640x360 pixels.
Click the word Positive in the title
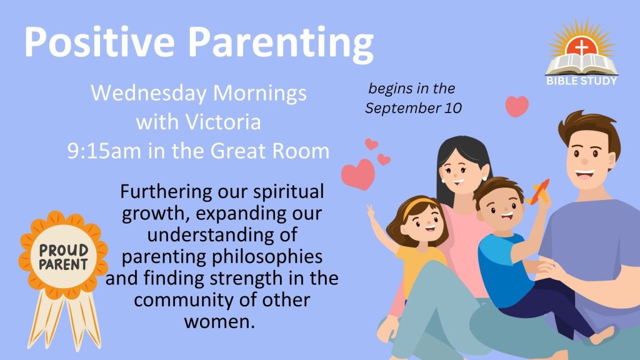tap(99, 42)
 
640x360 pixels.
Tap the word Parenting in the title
tap(281, 44)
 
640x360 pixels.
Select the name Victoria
tap(223, 122)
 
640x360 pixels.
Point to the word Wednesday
tap(149, 94)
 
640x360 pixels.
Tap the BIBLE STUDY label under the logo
tap(582, 81)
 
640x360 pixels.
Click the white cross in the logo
tap(582, 47)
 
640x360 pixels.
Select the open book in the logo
tap(582, 64)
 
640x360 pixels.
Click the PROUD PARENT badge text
tap(64, 257)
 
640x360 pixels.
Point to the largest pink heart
tap(358, 174)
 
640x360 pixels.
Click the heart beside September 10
tap(517, 106)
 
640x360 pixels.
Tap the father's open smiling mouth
tap(585, 174)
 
